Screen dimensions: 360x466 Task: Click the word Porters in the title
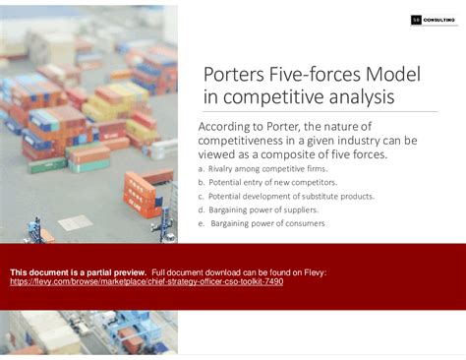click(x=234, y=75)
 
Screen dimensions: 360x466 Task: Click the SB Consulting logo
click(x=430, y=19)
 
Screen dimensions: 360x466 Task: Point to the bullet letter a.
click(x=201, y=169)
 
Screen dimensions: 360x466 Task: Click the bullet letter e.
click(x=201, y=223)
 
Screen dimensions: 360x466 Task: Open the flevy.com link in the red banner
click(x=146, y=281)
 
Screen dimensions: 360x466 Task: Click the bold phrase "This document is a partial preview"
click(x=78, y=271)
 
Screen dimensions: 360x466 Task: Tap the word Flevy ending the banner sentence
click(x=315, y=271)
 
